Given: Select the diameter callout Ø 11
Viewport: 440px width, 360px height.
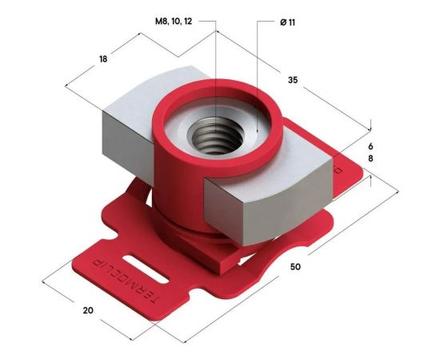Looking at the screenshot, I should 288,22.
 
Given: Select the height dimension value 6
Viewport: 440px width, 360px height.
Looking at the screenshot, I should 371,147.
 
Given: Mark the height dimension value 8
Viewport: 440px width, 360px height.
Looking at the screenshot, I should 371,160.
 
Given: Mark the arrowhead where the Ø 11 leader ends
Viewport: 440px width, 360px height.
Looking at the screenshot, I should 256,130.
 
